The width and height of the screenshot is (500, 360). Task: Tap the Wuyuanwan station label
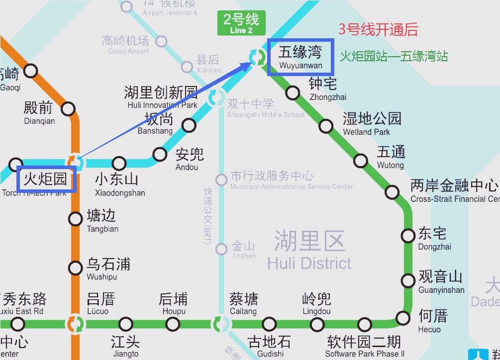[300, 57]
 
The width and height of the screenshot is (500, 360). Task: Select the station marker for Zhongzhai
[292, 93]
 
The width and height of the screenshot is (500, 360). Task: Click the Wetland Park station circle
[326, 126]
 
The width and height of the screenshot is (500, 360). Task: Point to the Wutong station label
[391, 157]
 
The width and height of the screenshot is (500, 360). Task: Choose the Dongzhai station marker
[408, 235]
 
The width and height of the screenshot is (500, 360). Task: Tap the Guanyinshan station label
[441, 282]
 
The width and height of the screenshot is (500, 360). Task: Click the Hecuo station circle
[403, 318]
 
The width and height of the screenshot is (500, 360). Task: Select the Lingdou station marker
[317, 324]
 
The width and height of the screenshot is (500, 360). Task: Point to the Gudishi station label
[269, 346]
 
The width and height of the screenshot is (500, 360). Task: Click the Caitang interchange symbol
[219, 324]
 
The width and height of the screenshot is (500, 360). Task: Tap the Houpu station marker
[173, 324]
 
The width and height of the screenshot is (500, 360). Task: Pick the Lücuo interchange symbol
[74, 324]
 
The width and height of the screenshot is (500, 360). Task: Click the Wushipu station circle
[75, 268]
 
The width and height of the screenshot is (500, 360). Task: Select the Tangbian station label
[101, 221]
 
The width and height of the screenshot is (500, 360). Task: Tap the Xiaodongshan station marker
[119, 163]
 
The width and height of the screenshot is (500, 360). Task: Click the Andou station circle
[160, 154]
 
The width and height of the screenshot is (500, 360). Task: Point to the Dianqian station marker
[68, 109]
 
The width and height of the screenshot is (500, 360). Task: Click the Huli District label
[309, 249]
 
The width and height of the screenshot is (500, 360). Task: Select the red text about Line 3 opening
[378, 29]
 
